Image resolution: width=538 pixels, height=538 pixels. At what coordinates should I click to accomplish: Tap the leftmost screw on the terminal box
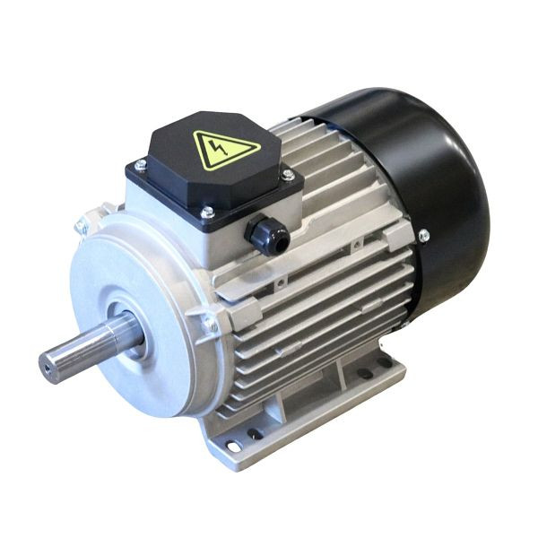click(141, 164)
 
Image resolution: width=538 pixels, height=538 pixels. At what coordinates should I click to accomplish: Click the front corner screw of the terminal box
click(207, 213)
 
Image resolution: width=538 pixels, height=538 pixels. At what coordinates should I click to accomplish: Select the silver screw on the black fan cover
click(423, 236)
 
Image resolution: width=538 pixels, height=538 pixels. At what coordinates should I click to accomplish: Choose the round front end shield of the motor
click(134, 314)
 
